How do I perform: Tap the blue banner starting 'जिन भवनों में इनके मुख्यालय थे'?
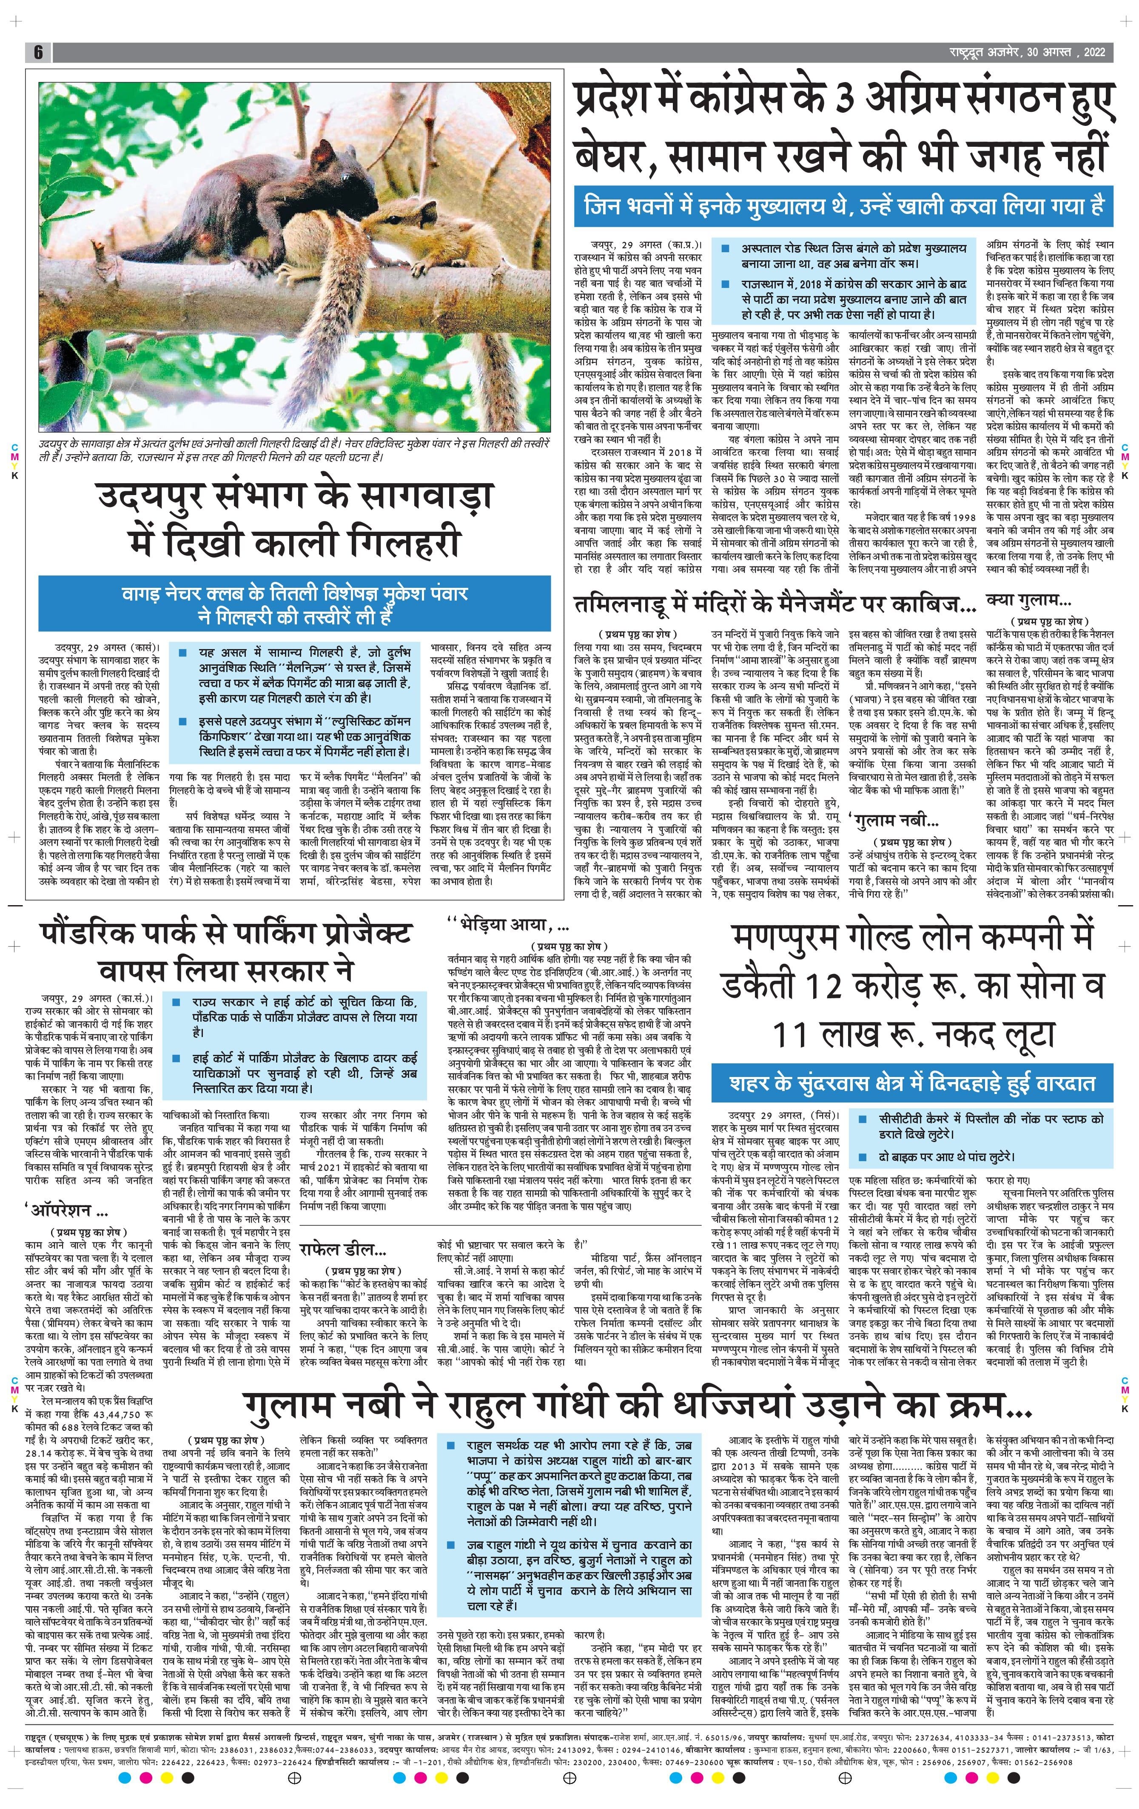click(x=844, y=204)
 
